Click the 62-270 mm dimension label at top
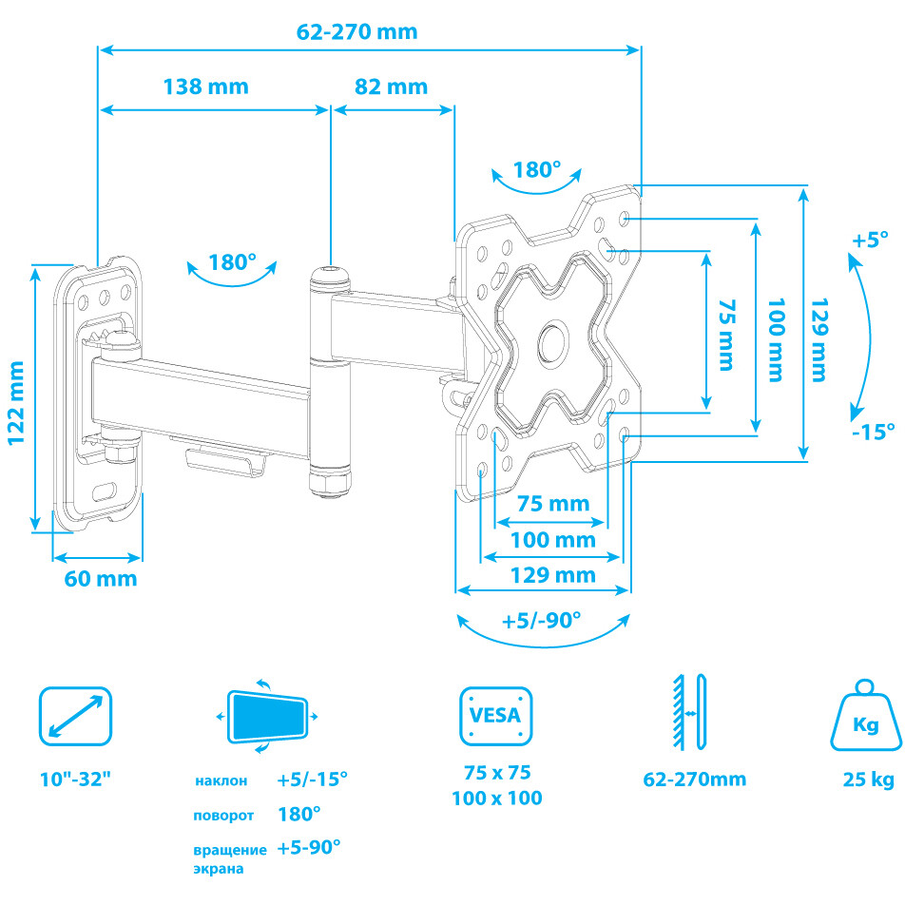click(356, 30)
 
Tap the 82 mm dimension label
click(391, 87)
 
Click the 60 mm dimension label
click(101, 578)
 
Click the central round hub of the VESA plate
click(553, 343)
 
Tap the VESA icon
click(495, 716)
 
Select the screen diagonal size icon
click(76, 717)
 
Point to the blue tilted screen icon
click(269, 716)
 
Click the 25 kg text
click(868, 780)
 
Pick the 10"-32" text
click(76, 780)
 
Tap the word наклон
click(221, 780)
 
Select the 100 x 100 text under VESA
click(497, 799)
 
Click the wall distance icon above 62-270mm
click(691, 711)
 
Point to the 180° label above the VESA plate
click(538, 170)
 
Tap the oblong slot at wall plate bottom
click(105, 491)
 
